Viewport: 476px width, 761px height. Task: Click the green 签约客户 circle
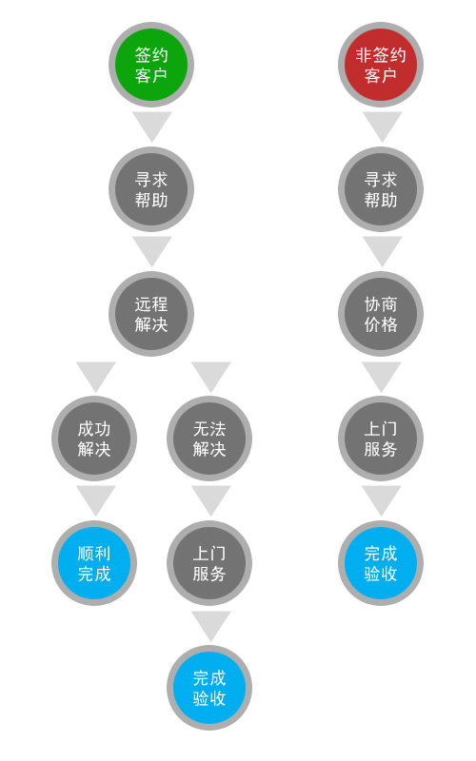151,65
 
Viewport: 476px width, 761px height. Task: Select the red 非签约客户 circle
381,65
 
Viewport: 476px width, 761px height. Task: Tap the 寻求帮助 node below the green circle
151,189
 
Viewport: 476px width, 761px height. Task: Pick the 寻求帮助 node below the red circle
381,189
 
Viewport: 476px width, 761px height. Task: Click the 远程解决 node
151,314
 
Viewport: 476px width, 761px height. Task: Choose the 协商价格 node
381,314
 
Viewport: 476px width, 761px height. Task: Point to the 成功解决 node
94,439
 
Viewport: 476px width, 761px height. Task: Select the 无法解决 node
209,439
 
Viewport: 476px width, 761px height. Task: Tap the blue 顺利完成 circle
94,563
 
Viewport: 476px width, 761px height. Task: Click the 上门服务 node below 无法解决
209,563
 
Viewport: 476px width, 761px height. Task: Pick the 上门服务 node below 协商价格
381,439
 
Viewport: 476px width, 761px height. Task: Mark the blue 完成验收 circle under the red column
381,563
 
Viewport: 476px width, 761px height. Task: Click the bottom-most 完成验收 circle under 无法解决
209,688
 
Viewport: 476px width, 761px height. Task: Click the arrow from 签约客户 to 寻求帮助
152,125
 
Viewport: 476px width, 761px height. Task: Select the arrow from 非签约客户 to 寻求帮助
383,125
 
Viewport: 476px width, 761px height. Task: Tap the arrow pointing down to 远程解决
152,249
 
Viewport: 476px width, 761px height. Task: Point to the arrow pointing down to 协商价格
383,249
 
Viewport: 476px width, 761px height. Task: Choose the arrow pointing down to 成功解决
96,374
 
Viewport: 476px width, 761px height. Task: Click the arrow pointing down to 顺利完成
96,498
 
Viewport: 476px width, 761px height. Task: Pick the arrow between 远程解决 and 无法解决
210,374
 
